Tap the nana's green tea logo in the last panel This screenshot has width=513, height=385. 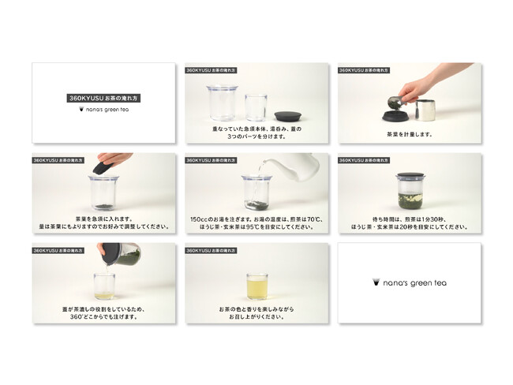[x=409, y=282]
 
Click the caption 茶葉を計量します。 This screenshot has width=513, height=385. [x=409, y=133]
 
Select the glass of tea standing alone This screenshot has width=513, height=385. [x=256, y=286]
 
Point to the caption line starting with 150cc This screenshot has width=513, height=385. [x=256, y=218]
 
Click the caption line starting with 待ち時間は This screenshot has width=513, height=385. [x=409, y=218]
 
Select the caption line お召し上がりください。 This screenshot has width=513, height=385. [x=256, y=315]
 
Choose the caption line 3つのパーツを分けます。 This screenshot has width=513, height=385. [x=256, y=136]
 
